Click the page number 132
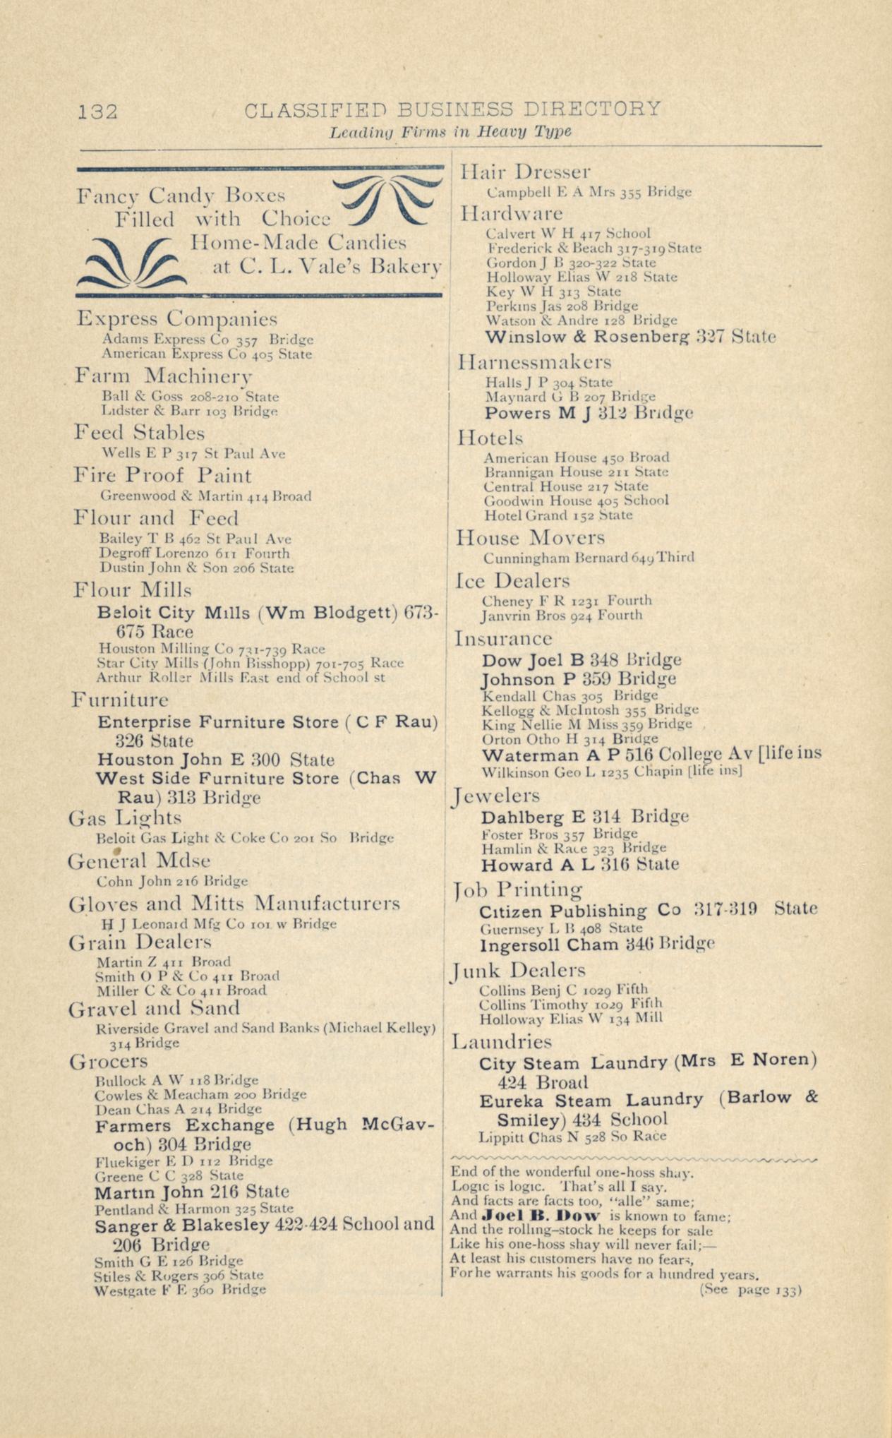(98, 111)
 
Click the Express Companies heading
(176, 318)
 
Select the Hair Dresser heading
(525, 172)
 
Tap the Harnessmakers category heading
(534, 363)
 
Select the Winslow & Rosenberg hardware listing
(631, 337)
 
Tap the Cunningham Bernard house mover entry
(589, 558)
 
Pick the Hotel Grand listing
(558, 515)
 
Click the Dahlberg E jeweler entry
(584, 817)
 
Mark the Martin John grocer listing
(192, 1192)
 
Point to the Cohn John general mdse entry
(172, 881)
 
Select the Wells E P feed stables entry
(193, 454)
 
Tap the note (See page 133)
(751, 1290)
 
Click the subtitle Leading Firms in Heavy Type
(450, 132)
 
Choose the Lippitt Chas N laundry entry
(572, 1137)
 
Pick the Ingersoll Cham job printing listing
(597, 945)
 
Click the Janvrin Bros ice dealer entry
(562, 616)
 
